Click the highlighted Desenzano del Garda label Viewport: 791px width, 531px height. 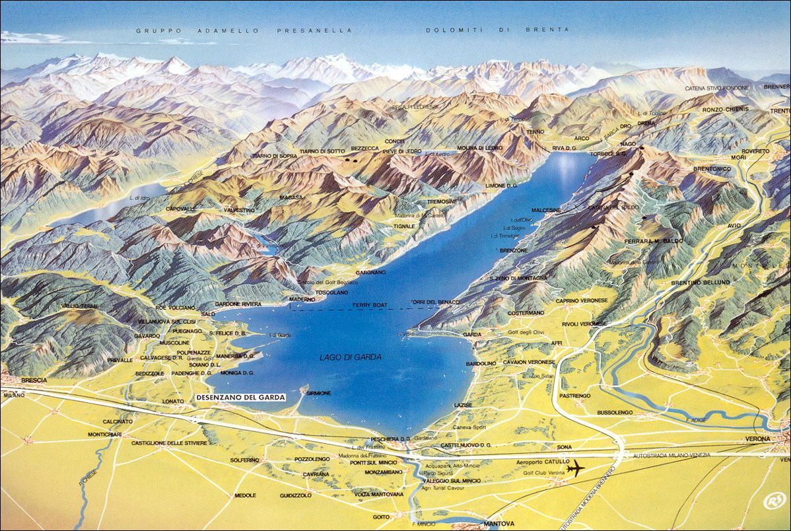[240, 398]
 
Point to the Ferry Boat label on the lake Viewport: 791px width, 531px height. [369, 305]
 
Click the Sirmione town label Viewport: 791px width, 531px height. [318, 393]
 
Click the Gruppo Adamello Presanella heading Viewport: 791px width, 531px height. [244, 30]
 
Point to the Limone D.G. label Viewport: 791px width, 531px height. [501, 187]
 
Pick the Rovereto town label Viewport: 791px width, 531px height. [755, 151]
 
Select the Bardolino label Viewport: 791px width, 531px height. [481, 363]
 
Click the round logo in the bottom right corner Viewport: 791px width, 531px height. [773, 501]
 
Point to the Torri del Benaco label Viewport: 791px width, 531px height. [430, 302]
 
